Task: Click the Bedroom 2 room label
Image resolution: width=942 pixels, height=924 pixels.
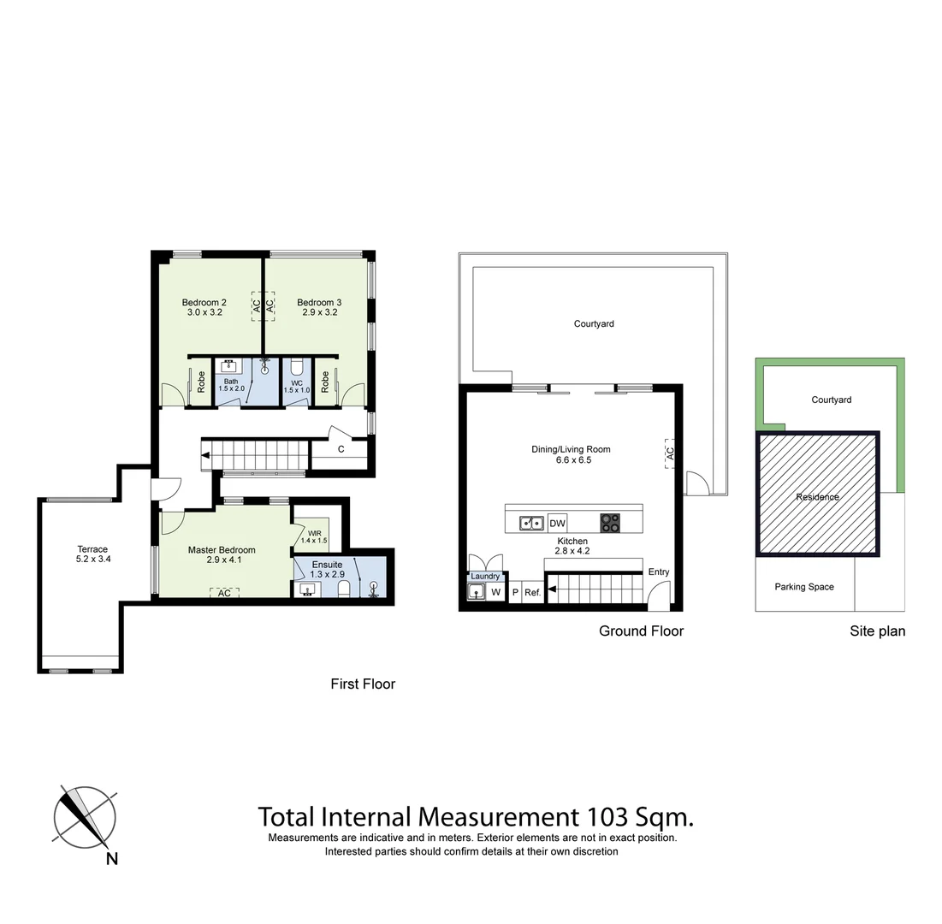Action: click(204, 302)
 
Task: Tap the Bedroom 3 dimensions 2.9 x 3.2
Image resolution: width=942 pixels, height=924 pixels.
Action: click(319, 313)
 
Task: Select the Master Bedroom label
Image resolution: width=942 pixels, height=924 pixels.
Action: click(222, 550)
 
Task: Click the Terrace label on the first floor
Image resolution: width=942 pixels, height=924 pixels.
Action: click(92, 549)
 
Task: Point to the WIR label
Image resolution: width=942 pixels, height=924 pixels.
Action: click(314, 532)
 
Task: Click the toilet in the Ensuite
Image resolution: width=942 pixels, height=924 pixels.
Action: click(343, 589)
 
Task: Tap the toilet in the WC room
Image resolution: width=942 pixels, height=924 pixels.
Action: click(297, 367)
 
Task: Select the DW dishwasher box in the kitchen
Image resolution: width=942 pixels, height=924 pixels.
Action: click(557, 524)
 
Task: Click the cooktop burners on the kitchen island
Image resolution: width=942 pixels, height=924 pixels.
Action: click(610, 523)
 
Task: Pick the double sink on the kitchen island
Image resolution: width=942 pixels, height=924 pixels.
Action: click(530, 523)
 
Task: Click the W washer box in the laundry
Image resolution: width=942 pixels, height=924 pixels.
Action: click(495, 592)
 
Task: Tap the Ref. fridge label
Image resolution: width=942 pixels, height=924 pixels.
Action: click(532, 592)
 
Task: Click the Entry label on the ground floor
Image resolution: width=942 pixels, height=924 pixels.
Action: click(659, 572)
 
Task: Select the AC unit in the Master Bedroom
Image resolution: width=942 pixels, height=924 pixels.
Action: click(224, 593)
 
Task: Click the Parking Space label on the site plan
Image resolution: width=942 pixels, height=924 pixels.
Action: click(804, 587)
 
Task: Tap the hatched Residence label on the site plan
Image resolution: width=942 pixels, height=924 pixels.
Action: click(817, 497)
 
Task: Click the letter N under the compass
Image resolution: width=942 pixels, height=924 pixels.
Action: click(111, 859)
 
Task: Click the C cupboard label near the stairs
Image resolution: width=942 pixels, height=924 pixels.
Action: click(341, 449)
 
